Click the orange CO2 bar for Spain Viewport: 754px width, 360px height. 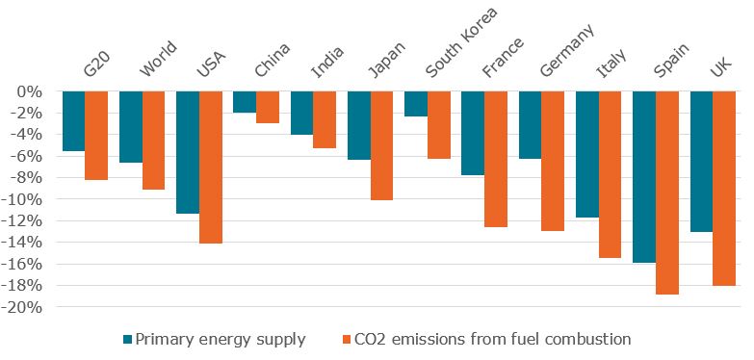click(x=667, y=193)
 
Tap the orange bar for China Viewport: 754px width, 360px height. click(x=267, y=107)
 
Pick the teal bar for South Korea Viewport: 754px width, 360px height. click(x=416, y=104)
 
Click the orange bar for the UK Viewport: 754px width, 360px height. click(x=724, y=189)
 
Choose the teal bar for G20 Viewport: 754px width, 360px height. click(x=73, y=121)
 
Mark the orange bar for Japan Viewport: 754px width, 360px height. click(x=381, y=145)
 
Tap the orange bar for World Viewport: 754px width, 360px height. click(x=153, y=141)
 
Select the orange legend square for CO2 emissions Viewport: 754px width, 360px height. click(x=348, y=339)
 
